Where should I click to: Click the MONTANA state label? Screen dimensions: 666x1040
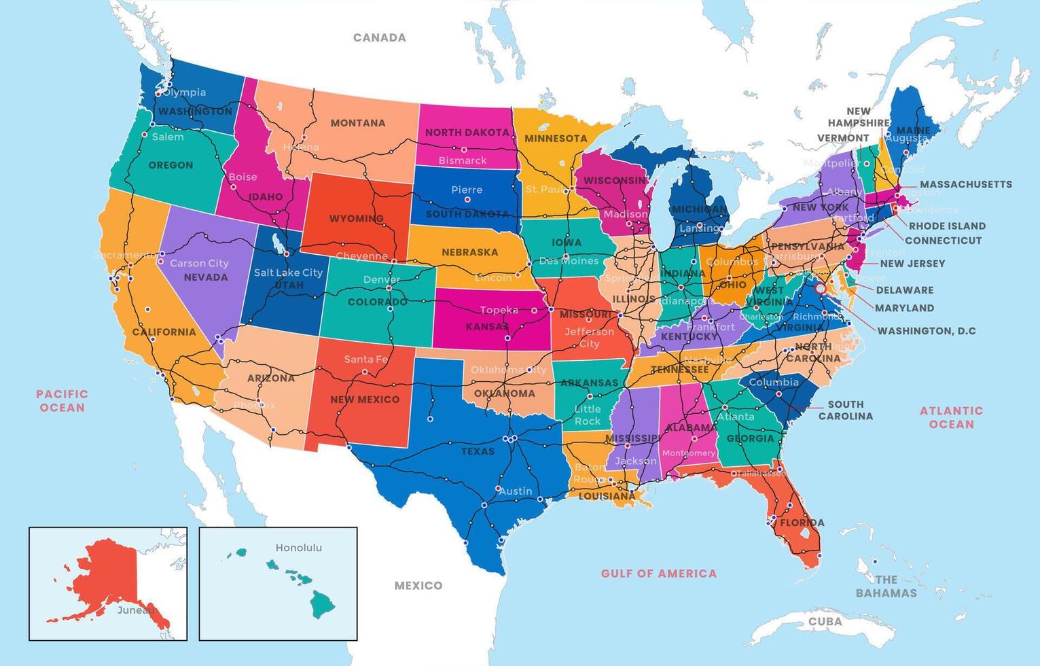358,123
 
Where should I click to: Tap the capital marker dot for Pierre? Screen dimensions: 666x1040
467,200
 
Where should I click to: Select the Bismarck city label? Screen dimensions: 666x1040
463,161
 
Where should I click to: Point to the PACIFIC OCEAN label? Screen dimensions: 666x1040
62,401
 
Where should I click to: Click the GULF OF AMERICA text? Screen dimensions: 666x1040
659,574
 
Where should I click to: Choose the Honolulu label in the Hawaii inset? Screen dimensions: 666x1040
299,548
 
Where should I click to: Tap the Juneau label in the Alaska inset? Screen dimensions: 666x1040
135,610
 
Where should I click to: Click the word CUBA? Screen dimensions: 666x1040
825,621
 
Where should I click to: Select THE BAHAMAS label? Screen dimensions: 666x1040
886,586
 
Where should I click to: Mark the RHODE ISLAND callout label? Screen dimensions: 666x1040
947,226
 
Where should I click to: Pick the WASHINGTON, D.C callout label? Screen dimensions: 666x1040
927,331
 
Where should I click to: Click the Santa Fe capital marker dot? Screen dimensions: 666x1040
365,372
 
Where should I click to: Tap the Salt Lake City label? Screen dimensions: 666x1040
288,273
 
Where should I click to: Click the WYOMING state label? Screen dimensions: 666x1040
357,219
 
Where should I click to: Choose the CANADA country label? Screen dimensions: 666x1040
380,38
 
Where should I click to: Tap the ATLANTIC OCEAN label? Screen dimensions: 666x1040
951,417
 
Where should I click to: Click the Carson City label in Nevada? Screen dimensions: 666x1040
199,263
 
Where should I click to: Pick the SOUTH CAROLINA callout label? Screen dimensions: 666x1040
845,410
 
